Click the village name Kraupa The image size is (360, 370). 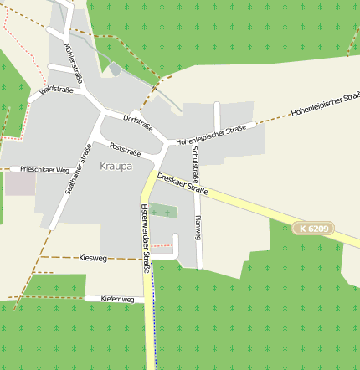click(x=116, y=166)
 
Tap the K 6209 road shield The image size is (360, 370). click(x=315, y=228)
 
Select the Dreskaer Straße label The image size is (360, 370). click(x=183, y=183)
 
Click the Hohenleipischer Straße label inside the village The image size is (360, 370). click(x=211, y=135)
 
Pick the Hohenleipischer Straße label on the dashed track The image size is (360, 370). click(x=325, y=106)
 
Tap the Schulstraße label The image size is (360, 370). click(x=195, y=165)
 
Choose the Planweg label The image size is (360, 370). click(x=198, y=228)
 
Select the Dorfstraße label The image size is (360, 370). click(x=138, y=121)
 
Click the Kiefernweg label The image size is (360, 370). click(x=117, y=298)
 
